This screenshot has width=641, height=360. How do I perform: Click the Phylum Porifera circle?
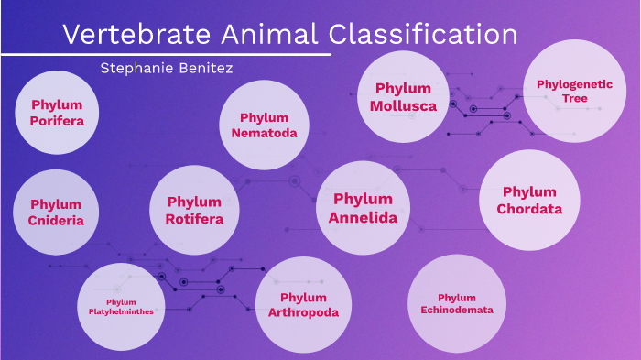tap(56, 113)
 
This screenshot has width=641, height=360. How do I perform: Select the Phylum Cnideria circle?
tap(56, 212)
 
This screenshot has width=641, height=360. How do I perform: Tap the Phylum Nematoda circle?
tap(264, 125)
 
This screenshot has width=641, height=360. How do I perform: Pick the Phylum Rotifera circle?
tap(194, 210)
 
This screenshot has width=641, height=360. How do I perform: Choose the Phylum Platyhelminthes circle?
tap(122, 306)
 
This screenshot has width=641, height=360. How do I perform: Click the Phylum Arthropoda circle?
tap(303, 305)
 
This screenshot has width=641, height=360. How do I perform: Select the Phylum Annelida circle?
tap(363, 208)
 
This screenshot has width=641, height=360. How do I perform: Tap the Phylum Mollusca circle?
tap(403, 96)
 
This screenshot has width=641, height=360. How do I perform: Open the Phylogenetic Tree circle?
tap(574, 91)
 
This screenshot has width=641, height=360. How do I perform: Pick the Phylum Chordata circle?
tap(529, 200)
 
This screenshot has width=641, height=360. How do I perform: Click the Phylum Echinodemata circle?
tap(456, 303)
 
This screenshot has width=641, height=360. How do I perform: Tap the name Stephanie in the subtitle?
tap(136, 67)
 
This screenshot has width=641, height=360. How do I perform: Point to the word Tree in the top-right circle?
tap(575, 98)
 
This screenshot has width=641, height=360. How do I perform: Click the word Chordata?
tap(529, 209)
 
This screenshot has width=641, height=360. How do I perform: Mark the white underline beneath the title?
tap(165, 54)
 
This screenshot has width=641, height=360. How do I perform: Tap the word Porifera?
tap(56, 120)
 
